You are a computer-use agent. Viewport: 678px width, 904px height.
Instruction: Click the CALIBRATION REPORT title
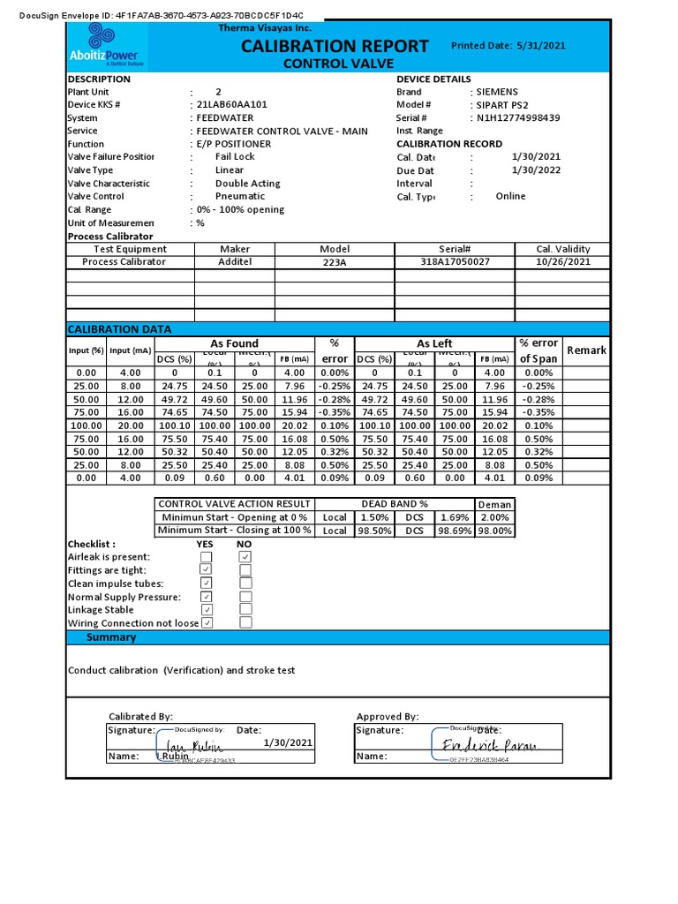[x=335, y=46]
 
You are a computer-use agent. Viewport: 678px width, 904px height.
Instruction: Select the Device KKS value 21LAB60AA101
[x=232, y=104]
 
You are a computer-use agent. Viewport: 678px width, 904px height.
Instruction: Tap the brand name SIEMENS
[x=497, y=92]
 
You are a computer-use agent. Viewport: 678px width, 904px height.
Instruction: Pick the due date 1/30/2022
[x=536, y=170]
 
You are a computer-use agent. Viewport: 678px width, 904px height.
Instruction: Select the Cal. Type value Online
[x=510, y=196]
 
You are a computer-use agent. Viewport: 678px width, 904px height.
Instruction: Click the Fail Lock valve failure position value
[x=235, y=156]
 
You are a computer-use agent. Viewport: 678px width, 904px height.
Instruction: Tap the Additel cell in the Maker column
[x=234, y=262]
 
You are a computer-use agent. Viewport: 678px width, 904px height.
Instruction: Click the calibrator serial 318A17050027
[x=455, y=262]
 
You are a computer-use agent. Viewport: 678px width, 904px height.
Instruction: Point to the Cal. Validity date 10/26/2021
[x=562, y=262]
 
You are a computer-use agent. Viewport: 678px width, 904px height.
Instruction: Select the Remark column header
[x=586, y=350]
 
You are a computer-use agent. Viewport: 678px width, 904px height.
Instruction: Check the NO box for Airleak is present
[x=245, y=557]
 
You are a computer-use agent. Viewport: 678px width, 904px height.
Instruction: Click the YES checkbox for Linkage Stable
[x=206, y=610]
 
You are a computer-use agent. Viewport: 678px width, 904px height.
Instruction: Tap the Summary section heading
[x=110, y=637]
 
